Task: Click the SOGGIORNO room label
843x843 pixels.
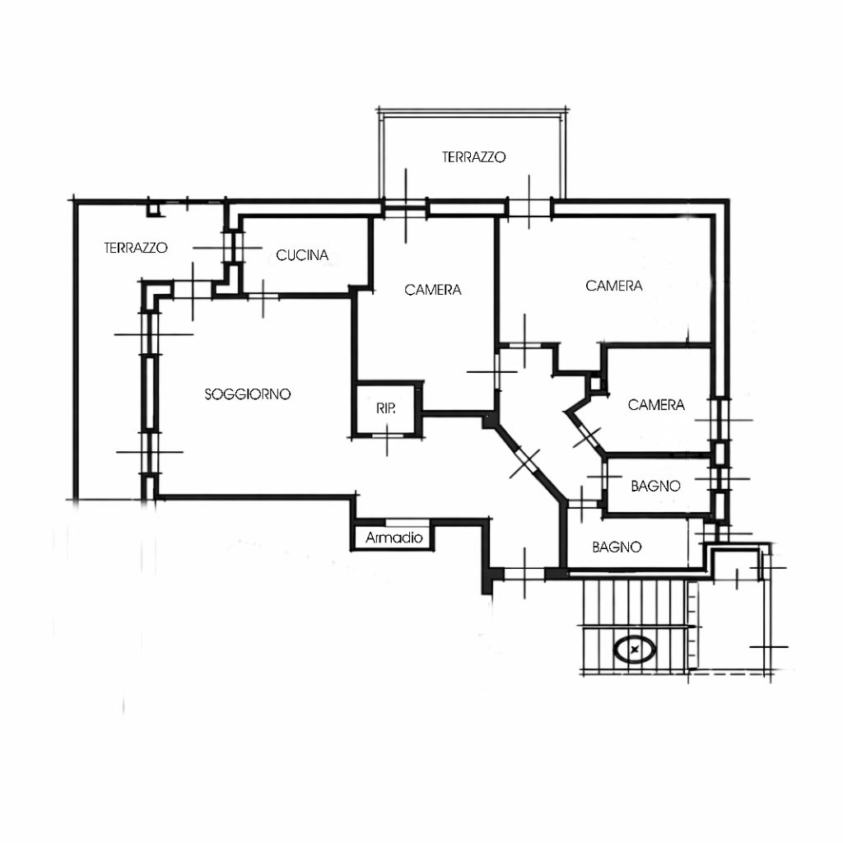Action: (x=247, y=394)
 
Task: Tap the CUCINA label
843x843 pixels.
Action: (x=302, y=255)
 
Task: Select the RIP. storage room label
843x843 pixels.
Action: (x=386, y=408)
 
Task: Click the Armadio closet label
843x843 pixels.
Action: (x=394, y=537)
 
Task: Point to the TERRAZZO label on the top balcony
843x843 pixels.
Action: (x=473, y=157)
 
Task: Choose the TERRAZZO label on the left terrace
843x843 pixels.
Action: (x=136, y=248)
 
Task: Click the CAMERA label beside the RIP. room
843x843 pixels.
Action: (x=433, y=290)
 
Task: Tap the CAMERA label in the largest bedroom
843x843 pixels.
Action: (x=614, y=286)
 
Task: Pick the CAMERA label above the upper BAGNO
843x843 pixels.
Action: (x=656, y=404)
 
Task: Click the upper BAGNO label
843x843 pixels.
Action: (x=656, y=486)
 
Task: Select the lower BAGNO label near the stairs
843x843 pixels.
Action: (x=617, y=547)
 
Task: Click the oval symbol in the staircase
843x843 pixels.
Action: (x=635, y=650)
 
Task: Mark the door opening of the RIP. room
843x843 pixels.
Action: (x=387, y=435)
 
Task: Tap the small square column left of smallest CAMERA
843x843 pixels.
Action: (x=595, y=384)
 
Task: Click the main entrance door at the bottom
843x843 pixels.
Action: (x=524, y=574)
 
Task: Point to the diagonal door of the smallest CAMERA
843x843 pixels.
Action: (x=588, y=435)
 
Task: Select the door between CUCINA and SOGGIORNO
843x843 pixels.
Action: (x=263, y=296)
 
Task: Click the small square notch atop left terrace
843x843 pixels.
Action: (x=155, y=210)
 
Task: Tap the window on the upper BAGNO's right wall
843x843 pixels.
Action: (x=721, y=479)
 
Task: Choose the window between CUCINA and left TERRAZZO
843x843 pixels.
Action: (x=235, y=247)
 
